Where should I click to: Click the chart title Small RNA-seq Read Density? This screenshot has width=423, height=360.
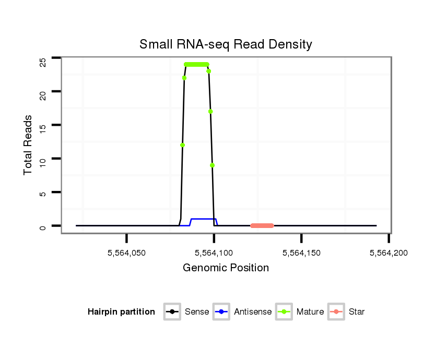(x=226, y=44)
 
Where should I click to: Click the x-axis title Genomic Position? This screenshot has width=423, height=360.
(x=226, y=268)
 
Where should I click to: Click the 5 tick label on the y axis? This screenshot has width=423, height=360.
(x=43, y=194)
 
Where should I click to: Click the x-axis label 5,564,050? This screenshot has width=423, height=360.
(x=126, y=253)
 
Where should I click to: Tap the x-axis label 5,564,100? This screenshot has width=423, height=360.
(x=214, y=253)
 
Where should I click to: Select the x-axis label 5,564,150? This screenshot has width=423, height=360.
(x=301, y=253)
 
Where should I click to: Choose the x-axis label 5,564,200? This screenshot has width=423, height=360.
(x=388, y=253)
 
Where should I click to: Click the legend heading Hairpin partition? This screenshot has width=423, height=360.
(x=121, y=312)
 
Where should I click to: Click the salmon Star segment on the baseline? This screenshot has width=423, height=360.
(x=262, y=226)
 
